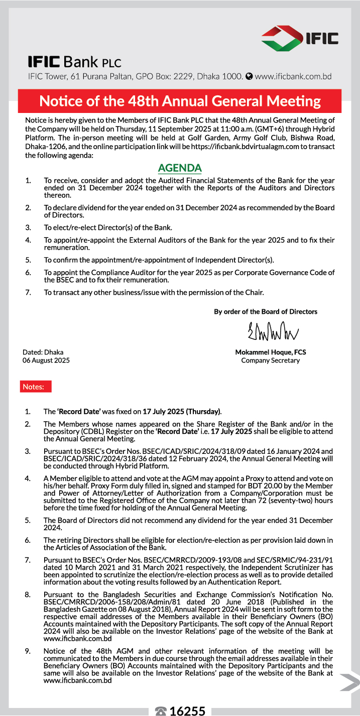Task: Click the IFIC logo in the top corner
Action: pyautogui.click(x=300, y=37)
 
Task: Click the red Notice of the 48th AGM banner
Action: pyautogui.click(x=180, y=101)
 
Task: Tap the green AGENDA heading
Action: pyautogui.click(x=180, y=168)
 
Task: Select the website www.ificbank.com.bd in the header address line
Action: pyautogui.click(x=293, y=77)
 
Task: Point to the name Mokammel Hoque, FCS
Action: pyautogui.click(x=271, y=352)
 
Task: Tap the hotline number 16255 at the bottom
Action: pyautogui.click(x=188, y=710)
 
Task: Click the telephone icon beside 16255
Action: pyautogui.click(x=161, y=711)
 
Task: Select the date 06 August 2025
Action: pyautogui.click(x=46, y=360)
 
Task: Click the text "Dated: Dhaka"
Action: pyautogui.click(x=43, y=352)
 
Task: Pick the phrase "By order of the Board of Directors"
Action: pyautogui.click(x=266, y=311)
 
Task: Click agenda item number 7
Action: pyautogui.click(x=28, y=292)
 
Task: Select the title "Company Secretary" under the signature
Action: pyautogui.click(x=270, y=360)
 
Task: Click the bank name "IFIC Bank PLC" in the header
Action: pyautogui.click(x=74, y=63)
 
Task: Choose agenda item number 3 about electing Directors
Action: pyautogui.click(x=28, y=226)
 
